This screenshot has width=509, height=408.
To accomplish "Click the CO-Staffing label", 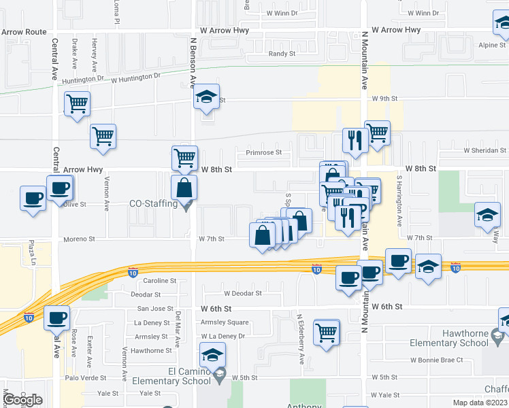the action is [x=154, y=203].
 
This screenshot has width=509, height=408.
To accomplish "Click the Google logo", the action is [x=22, y=400].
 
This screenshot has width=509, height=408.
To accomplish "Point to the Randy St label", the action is [x=282, y=54].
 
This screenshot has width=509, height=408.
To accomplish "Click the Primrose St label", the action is [x=263, y=153].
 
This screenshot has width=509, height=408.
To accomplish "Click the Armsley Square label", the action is [x=229, y=322].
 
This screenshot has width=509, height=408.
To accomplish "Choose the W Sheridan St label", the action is [x=485, y=150].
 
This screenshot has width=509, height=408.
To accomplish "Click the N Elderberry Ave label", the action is [x=299, y=339].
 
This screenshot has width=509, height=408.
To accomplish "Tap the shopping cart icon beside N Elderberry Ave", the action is [x=327, y=333].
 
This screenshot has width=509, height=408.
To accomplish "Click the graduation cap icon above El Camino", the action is [x=212, y=354].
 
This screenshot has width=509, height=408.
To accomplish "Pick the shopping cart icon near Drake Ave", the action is [x=78, y=104].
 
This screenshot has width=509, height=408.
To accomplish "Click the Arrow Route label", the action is [x=24, y=32].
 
